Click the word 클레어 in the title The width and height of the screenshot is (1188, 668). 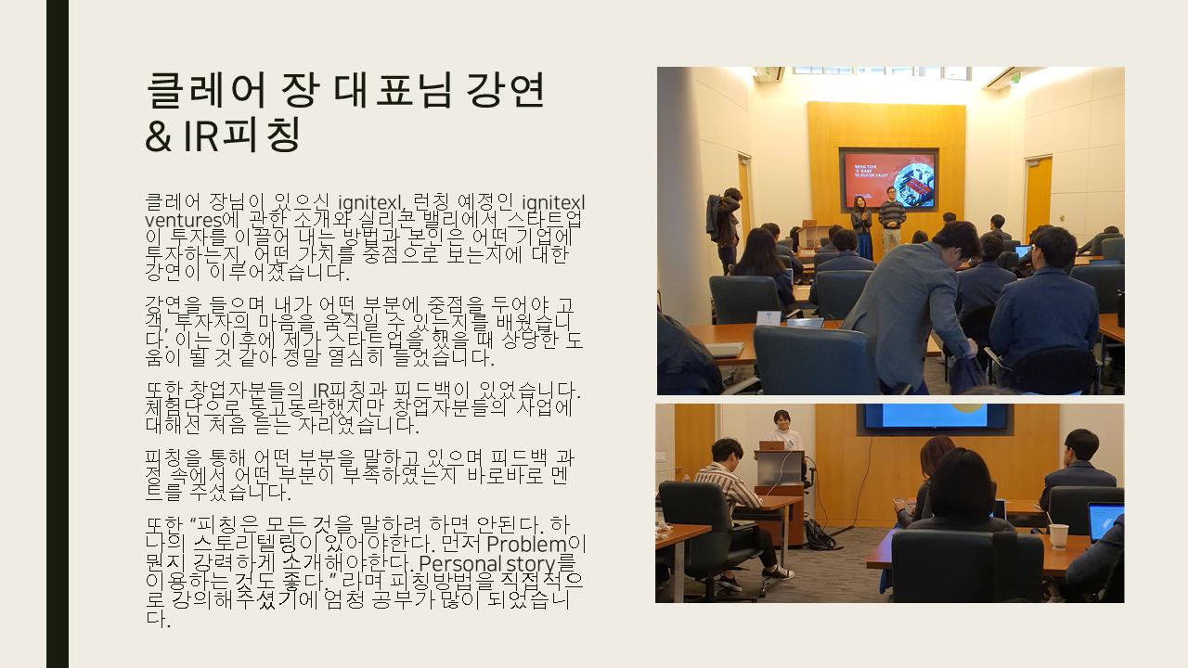(x=206, y=90)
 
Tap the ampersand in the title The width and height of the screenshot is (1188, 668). (x=158, y=136)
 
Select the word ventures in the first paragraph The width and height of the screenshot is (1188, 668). (x=184, y=221)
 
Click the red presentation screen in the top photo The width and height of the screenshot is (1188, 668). (x=889, y=180)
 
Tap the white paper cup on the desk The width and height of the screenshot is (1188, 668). (x=1059, y=536)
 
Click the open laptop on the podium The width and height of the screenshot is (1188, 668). (x=772, y=445)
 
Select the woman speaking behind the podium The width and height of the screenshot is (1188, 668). (x=783, y=430)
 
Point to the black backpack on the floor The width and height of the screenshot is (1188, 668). (x=820, y=535)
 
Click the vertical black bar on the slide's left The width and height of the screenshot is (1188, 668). (x=58, y=334)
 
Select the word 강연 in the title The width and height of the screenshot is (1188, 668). (x=505, y=90)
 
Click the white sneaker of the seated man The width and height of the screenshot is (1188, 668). (x=778, y=573)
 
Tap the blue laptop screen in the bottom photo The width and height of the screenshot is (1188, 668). (x=1105, y=522)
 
